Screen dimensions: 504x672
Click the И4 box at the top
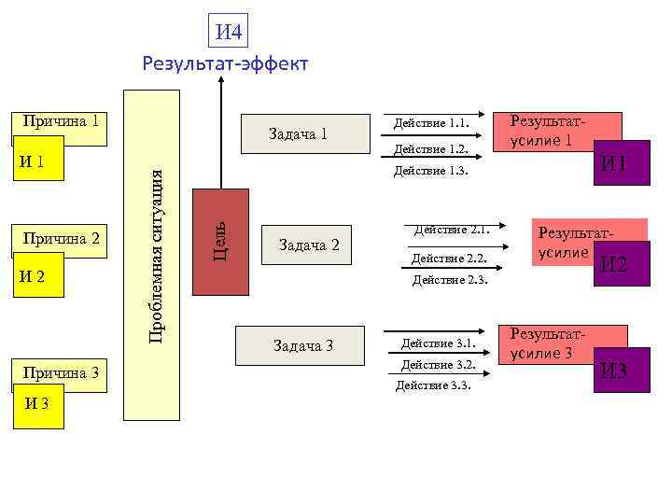(229, 34)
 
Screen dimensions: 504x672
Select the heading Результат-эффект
(224, 63)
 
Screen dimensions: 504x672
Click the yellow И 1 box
(37, 160)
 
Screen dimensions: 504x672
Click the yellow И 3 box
(37, 404)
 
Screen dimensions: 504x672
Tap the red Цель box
(220, 241)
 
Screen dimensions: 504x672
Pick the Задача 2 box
(308, 245)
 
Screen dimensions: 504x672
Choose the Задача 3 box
(302, 346)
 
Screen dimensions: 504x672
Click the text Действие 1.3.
(429, 170)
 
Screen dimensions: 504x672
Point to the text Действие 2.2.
(442, 258)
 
